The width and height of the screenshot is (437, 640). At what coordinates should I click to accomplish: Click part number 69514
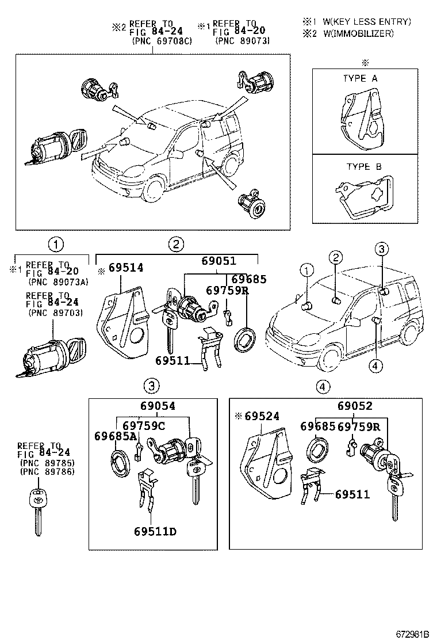pyautogui.click(x=126, y=268)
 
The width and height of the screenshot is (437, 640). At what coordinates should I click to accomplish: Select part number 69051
pyautogui.click(x=218, y=260)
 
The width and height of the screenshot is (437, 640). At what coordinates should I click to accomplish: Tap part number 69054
pyautogui.click(x=157, y=406)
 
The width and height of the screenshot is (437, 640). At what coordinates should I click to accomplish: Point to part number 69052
pyautogui.click(x=355, y=405)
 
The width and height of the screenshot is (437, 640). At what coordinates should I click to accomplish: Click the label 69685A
pyautogui.click(x=116, y=436)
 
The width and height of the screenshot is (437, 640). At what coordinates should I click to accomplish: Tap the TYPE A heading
pyautogui.click(x=361, y=78)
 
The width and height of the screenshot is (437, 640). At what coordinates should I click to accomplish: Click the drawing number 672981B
pyautogui.click(x=412, y=633)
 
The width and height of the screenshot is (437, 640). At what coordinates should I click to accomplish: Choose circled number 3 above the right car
pyautogui.click(x=382, y=249)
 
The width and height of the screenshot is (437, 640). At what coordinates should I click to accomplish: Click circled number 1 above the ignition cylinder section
pyautogui.click(x=56, y=244)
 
